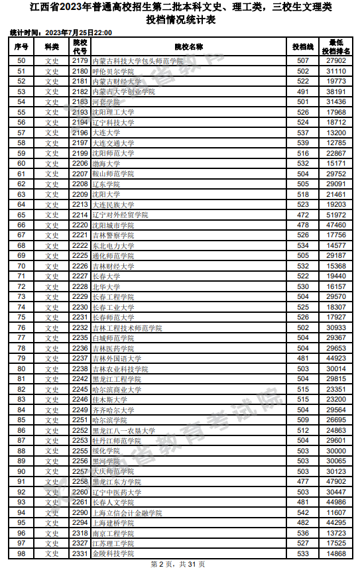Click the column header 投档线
coord(303,47)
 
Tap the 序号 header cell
coord(21,47)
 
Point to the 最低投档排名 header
coord(336,47)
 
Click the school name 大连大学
coord(106,133)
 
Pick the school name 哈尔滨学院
coord(109,420)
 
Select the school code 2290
coord(80,512)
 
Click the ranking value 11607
coord(336,512)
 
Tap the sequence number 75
coord(21,317)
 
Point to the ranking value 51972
coord(336,215)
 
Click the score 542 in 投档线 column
coord(303,512)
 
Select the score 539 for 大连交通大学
coord(303,142)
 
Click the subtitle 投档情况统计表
coord(180,20)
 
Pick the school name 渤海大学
coord(106,163)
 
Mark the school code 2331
coord(80,553)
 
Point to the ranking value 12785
coord(336,142)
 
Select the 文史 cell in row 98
coord(52,553)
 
